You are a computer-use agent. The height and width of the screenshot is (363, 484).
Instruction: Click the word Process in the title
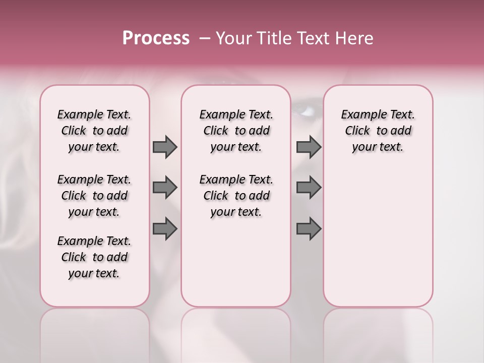point(156,38)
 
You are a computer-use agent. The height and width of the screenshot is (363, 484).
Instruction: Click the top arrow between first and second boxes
point(165,147)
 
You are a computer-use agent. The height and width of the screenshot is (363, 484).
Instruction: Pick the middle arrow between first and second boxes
point(165,188)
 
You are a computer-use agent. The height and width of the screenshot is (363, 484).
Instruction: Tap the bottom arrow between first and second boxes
point(165,229)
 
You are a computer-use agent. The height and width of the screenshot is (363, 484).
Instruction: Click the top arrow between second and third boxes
point(309,147)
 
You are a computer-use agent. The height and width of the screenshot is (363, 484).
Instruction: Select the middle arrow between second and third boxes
point(309,188)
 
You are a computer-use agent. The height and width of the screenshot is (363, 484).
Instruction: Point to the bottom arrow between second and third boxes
point(309,229)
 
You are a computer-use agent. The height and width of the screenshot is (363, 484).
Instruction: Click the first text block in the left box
point(94,131)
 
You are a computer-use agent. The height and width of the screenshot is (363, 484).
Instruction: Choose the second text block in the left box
point(94,196)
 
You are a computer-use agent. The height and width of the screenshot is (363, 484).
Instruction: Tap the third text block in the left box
point(94,257)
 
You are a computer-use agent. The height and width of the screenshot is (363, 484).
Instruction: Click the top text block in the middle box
point(236,131)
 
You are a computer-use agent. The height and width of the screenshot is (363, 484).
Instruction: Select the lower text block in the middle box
point(236,196)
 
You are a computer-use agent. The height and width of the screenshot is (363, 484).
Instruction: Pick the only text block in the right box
point(378,131)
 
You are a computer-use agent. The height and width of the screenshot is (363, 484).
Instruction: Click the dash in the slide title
point(204,38)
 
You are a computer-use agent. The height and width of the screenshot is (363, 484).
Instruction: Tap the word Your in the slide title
point(233,38)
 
